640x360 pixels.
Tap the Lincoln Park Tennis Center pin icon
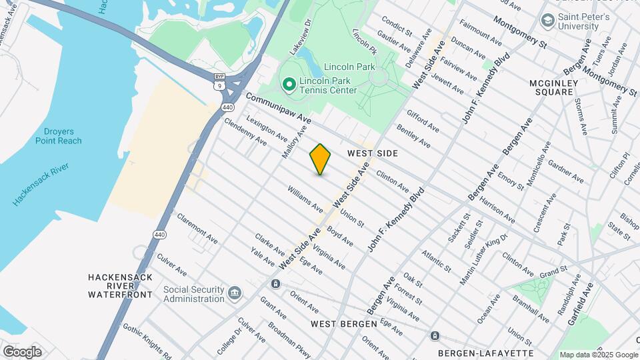tap(289, 85)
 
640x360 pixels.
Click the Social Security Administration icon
tap(235, 293)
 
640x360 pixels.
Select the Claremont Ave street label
tap(197, 229)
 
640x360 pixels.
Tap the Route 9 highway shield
tap(219, 86)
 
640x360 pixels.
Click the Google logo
tap(22, 352)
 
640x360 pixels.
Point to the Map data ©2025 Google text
tap(598, 355)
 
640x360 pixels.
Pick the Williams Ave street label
tap(305, 199)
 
